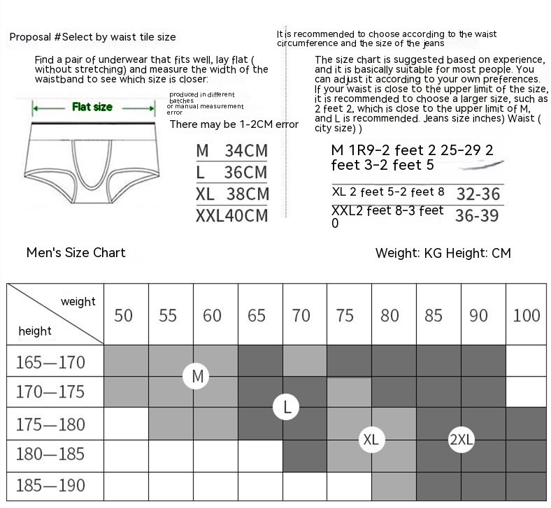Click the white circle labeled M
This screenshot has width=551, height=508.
197,377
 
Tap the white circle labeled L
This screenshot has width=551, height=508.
287,407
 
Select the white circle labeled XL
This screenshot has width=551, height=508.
371,440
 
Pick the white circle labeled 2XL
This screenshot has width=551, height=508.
461,440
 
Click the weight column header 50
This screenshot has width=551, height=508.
123,316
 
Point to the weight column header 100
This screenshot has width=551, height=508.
526,316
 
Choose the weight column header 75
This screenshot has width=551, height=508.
345,316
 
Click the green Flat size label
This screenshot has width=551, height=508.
92,108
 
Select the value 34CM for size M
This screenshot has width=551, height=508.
246,150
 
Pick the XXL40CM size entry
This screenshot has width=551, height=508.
231,215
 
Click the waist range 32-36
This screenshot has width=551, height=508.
478,194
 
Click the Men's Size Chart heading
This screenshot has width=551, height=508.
76,252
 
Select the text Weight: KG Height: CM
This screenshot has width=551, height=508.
443,253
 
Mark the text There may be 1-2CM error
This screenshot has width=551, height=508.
234,124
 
